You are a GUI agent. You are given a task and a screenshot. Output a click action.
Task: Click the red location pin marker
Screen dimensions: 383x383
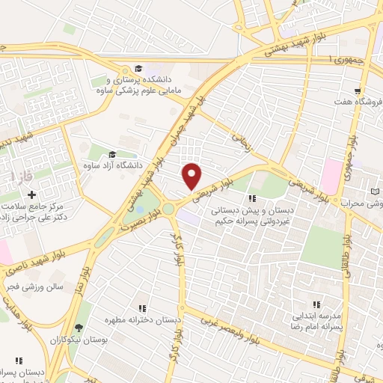click(x=192, y=176)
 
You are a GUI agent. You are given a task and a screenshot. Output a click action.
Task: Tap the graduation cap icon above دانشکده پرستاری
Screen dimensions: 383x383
click(x=138, y=68)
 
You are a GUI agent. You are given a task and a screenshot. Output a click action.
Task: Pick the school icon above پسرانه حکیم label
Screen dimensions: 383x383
click(x=251, y=198)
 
